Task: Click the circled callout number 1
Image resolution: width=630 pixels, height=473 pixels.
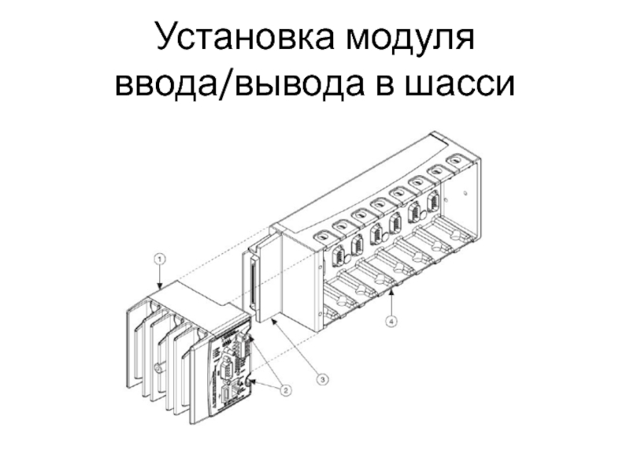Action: [x=159, y=259]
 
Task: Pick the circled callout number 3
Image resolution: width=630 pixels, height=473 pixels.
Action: [x=322, y=379]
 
